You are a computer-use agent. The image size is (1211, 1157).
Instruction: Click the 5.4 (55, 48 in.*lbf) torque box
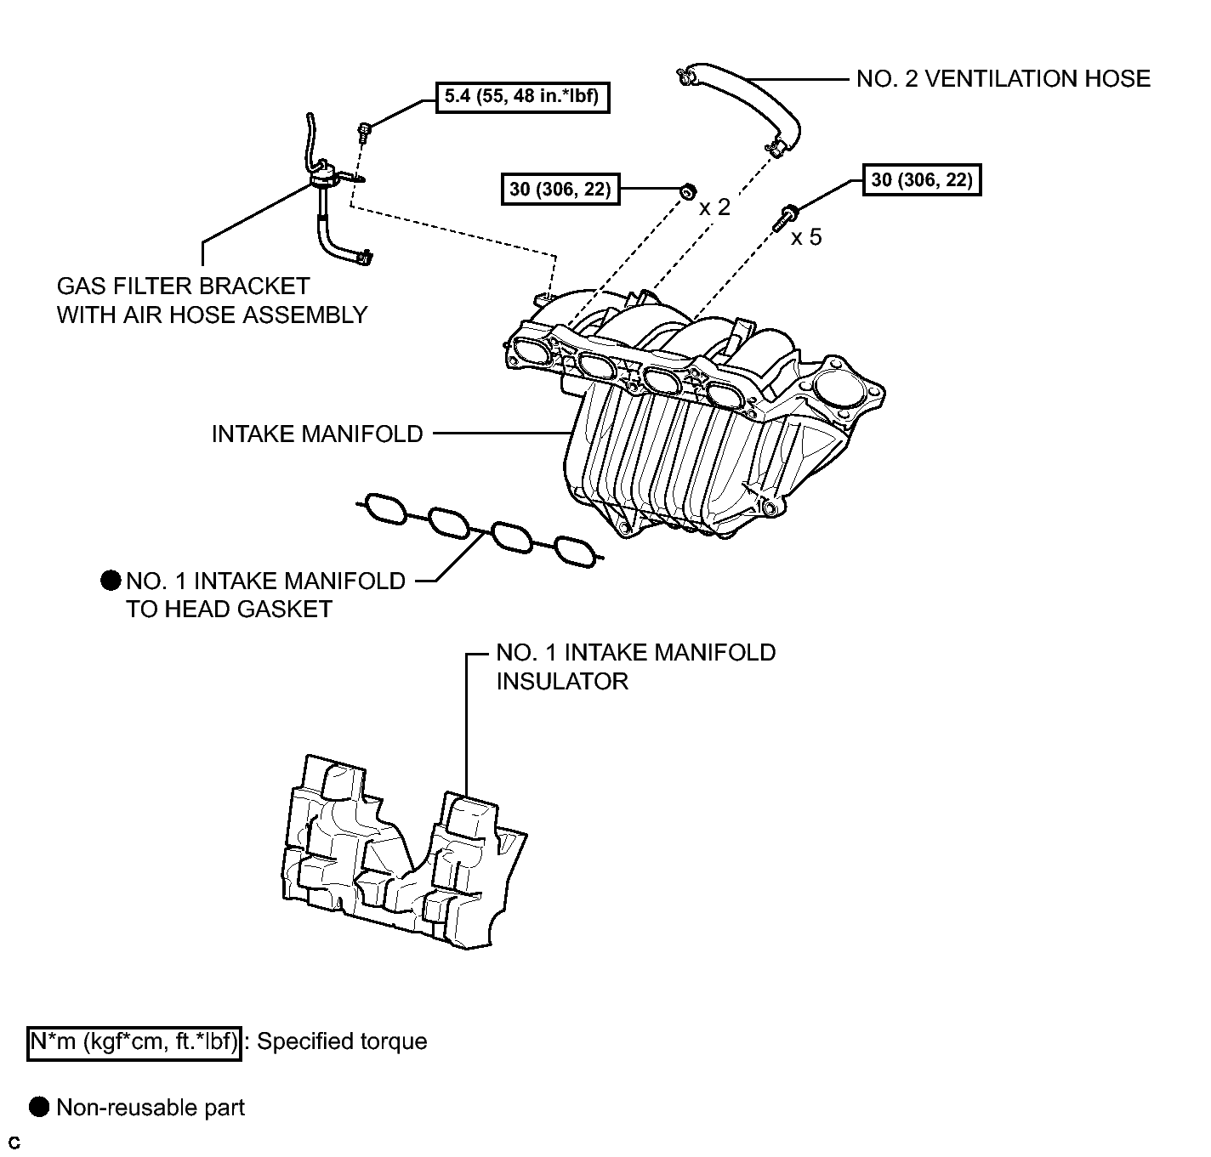click(x=522, y=98)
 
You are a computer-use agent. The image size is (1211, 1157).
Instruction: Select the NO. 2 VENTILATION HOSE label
click(x=1003, y=79)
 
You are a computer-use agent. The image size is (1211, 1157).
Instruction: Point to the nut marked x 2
click(x=687, y=191)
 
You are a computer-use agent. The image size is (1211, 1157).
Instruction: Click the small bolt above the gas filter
click(x=363, y=130)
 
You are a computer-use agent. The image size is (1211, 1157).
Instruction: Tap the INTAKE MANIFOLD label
click(x=316, y=434)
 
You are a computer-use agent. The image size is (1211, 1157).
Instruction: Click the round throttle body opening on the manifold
click(x=838, y=389)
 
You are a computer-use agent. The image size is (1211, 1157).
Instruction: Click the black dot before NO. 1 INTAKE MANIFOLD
click(x=111, y=580)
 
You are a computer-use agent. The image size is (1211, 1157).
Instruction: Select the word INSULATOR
click(x=562, y=682)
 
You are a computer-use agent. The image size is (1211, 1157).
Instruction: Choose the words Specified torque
click(x=342, y=1042)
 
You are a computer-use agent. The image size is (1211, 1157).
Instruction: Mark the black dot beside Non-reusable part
click(x=38, y=1107)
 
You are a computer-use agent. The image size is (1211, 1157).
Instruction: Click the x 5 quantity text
click(x=806, y=237)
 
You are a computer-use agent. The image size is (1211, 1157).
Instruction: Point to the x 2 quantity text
click(x=714, y=207)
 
